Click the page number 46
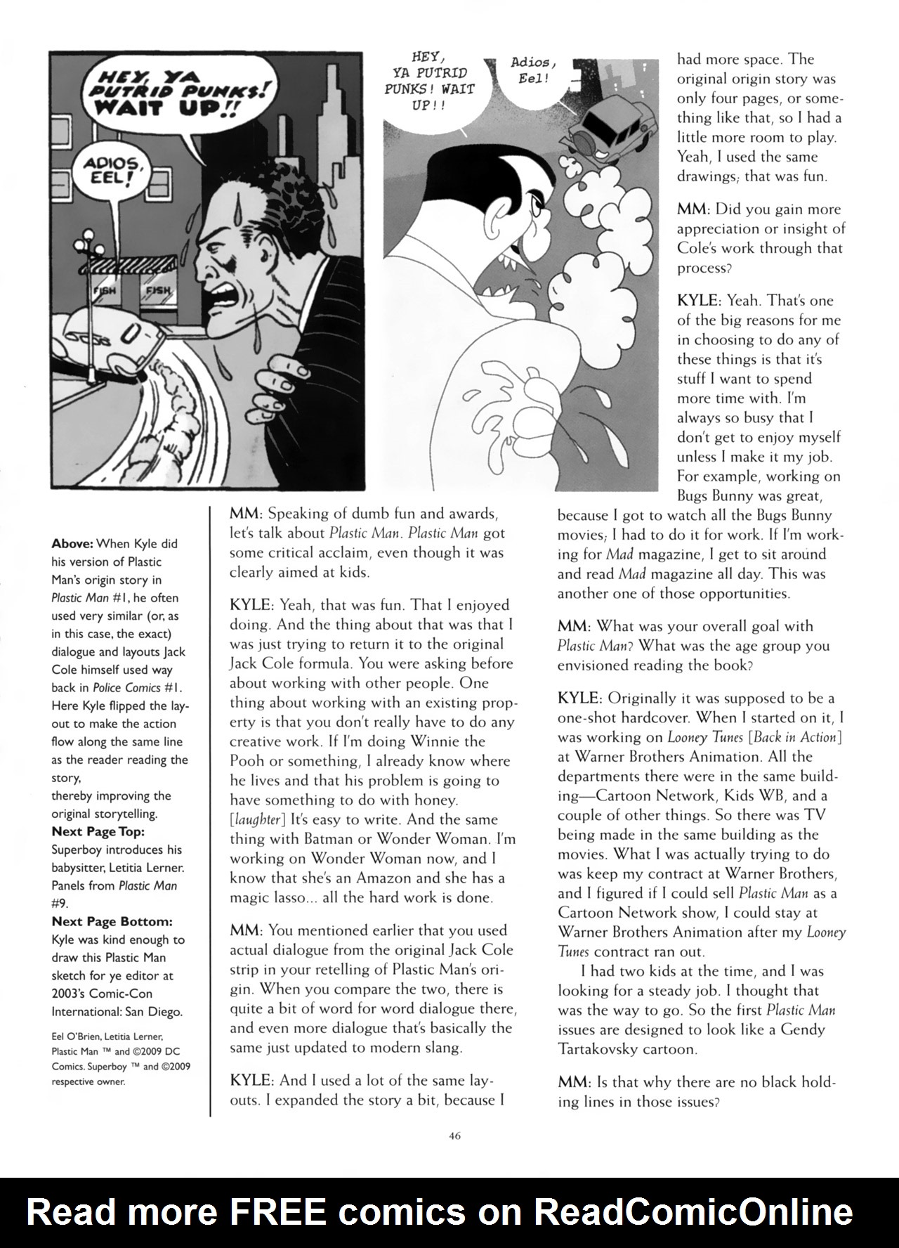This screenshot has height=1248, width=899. [454, 1136]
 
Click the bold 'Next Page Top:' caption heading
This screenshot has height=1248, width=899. [98, 831]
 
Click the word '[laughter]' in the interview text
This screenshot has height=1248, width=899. [257, 819]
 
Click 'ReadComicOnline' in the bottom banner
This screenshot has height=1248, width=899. [693, 1211]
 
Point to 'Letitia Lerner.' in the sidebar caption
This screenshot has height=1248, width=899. [149, 868]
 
